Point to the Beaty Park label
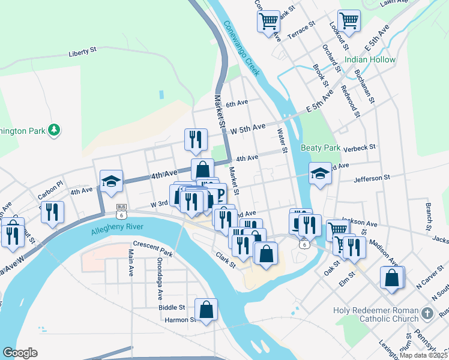coord(321,148)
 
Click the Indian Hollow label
coord(370,60)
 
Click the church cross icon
coord(427,313)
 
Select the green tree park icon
coord(54,130)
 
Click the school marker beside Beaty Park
coord(320,174)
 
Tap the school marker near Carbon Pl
coord(111,181)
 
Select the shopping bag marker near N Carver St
coord(392,278)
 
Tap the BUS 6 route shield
coord(122,211)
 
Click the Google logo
coord(20,353)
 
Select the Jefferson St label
coord(372,178)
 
